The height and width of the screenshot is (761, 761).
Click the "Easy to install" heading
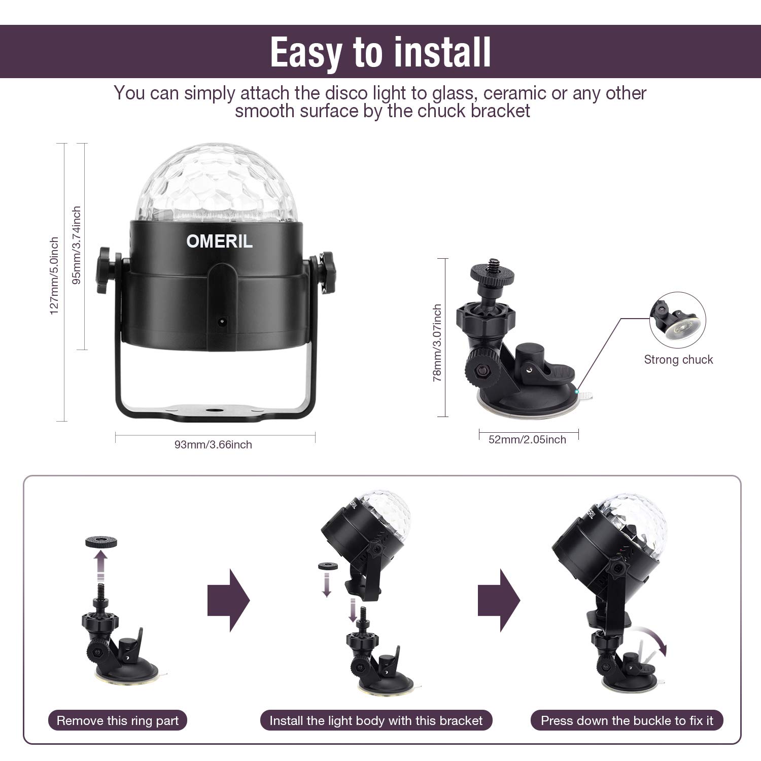point(380,52)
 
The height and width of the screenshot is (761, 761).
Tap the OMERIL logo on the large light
point(219,241)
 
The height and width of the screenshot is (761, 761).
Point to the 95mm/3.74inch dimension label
point(77,245)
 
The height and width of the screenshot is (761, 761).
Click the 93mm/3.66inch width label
point(213,444)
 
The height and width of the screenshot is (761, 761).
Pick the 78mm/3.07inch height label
point(437,342)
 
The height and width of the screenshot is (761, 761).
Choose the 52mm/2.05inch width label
point(527,439)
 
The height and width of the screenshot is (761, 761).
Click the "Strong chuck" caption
point(678,360)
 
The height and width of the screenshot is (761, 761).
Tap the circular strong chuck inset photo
point(677,320)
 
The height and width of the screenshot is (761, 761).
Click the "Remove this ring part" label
point(118,720)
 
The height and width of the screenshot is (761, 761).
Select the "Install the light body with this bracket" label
point(376,720)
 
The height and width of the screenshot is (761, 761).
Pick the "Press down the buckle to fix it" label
point(627,720)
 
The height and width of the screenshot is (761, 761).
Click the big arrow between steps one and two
point(229,600)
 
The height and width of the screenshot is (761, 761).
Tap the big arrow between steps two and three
point(499,600)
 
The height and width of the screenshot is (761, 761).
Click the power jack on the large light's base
point(221,321)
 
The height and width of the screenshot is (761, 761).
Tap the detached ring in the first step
point(101,541)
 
